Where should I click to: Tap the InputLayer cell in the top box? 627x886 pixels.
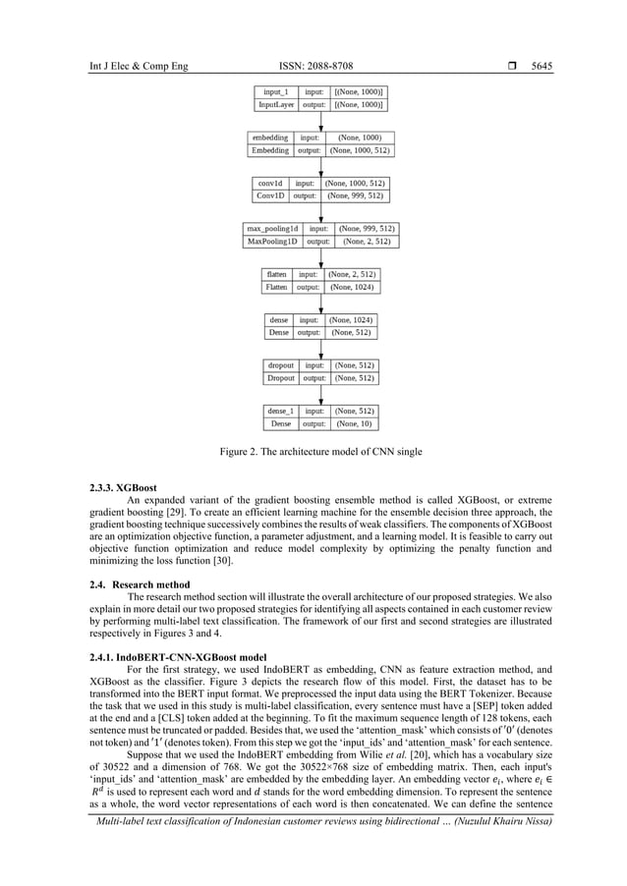coord(276,104)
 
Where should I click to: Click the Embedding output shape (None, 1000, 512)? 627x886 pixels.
coord(360,150)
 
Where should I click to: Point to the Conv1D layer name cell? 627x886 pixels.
coord(270,195)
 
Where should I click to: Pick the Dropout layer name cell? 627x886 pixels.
coord(280,377)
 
